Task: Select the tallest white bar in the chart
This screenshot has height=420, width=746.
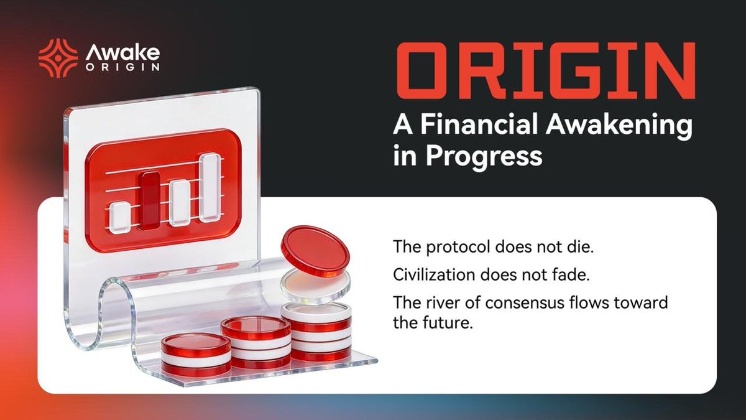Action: (210, 187)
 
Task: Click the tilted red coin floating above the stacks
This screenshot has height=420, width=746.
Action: (315, 251)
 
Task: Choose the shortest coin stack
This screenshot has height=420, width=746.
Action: (195, 354)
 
